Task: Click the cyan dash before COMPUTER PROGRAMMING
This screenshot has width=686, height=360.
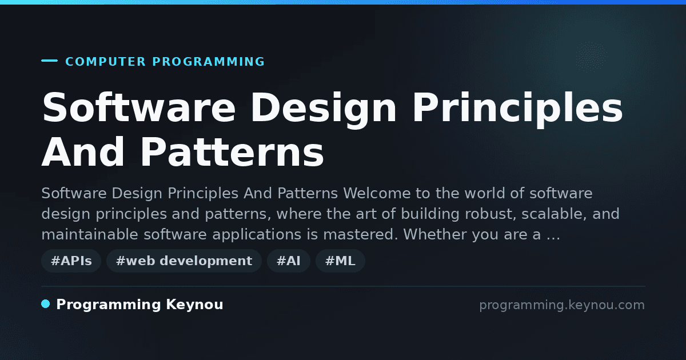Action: point(49,61)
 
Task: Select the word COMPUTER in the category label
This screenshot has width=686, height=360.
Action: point(106,62)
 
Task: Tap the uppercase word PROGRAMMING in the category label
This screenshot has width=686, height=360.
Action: point(209,62)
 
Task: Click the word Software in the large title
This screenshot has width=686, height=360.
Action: point(139,108)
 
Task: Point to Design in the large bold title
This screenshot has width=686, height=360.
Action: point(324,110)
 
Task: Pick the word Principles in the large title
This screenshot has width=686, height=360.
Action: point(517,110)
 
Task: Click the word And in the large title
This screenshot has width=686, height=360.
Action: point(83,152)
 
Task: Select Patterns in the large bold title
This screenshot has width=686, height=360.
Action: point(232,152)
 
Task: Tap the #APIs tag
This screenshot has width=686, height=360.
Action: point(71,261)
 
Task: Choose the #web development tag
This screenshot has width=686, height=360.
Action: point(184,261)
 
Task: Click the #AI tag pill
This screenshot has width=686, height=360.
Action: point(289,261)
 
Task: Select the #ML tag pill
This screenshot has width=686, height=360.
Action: point(340,261)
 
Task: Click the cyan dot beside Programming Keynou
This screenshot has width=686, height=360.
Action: point(46,304)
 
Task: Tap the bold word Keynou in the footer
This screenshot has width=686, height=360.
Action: point(194,305)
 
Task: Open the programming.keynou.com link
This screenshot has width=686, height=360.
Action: point(562,305)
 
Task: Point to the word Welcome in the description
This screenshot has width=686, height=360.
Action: point(377,193)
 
